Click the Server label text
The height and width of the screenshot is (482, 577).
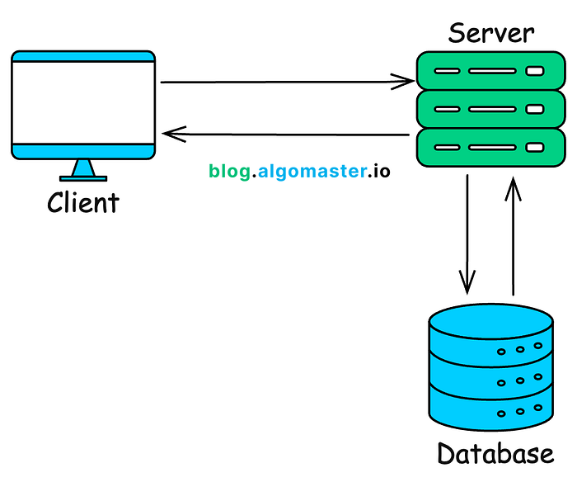click(x=491, y=33)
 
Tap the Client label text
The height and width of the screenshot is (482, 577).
click(x=83, y=202)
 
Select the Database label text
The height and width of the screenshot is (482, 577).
click(x=495, y=453)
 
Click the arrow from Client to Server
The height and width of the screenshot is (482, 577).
click(x=288, y=82)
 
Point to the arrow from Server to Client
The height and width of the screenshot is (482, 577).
click(x=285, y=135)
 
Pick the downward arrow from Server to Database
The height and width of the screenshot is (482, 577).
click(x=467, y=234)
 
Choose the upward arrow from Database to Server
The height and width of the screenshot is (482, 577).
click(x=513, y=236)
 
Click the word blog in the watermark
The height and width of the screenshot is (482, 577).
click(x=230, y=172)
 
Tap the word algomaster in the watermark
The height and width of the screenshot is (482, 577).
click(x=312, y=172)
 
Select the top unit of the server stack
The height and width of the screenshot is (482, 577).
click(x=491, y=71)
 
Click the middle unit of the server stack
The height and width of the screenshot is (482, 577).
click(x=491, y=109)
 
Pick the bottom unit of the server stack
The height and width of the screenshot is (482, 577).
click(x=491, y=148)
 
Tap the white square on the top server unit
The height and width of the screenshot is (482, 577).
click(x=535, y=71)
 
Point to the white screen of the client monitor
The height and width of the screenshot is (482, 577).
click(x=83, y=103)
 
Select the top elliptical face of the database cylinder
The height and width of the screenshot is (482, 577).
click(x=491, y=321)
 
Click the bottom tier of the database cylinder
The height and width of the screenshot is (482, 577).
click(x=491, y=409)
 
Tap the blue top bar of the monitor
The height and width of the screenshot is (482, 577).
click(x=83, y=56)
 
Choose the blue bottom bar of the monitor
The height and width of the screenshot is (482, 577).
click(x=83, y=152)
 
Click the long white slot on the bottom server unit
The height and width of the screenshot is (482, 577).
click(x=492, y=148)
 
